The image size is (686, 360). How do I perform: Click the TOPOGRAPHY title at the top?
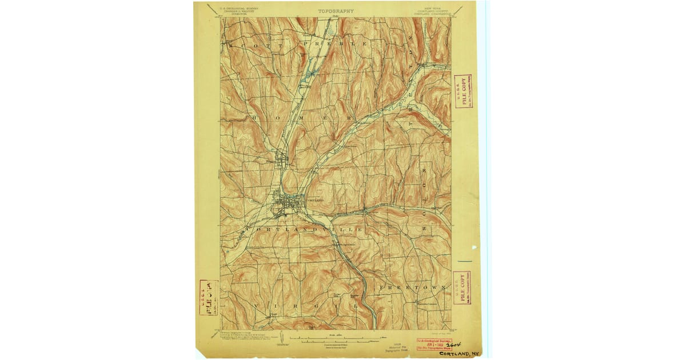(336, 11)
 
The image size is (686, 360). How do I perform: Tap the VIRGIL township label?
(306, 306)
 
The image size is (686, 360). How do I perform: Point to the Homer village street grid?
(281, 161)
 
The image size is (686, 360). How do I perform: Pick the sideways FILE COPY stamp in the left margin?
(209, 297)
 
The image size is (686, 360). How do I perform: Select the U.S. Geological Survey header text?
(236, 10)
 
